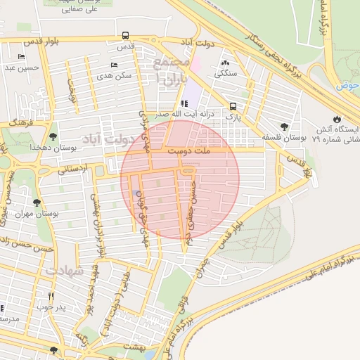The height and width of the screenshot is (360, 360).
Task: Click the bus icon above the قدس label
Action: (125, 35)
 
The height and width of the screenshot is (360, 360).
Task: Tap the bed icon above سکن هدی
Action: (114, 65)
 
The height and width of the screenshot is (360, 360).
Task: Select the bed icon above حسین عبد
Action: (21, 57)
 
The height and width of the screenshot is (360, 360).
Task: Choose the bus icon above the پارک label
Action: (232, 107)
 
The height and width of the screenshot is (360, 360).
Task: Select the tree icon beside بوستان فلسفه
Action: (284, 127)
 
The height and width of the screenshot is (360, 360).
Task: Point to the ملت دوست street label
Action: (191, 150)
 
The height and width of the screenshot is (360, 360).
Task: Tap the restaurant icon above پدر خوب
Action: (51, 296)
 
